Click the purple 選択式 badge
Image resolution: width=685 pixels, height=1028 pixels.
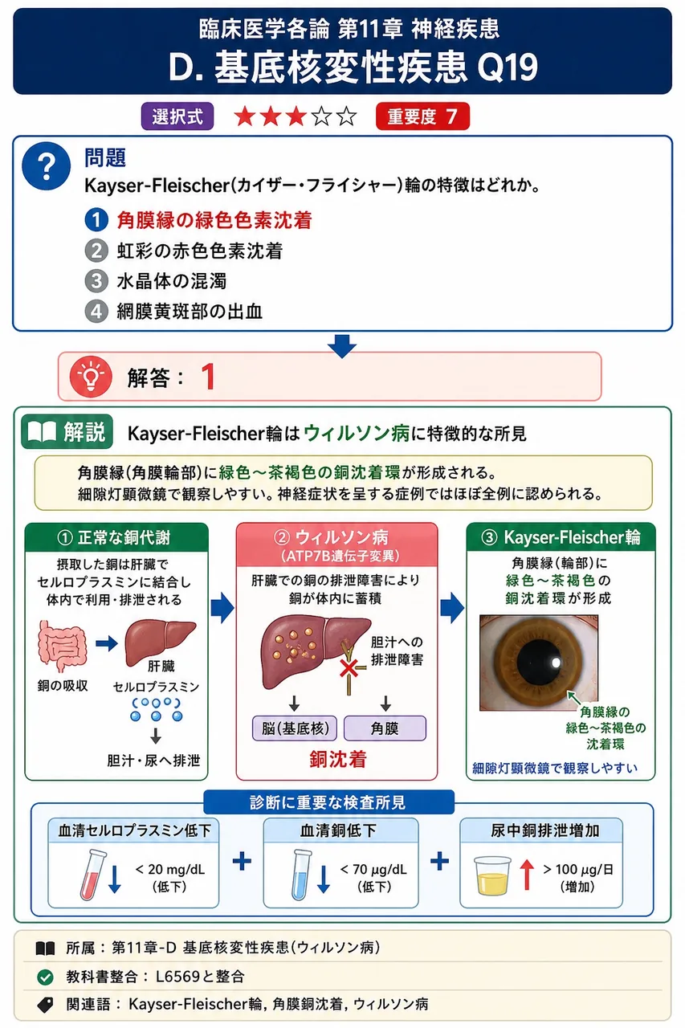(177, 116)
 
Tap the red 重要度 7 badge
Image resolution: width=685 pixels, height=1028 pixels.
(422, 116)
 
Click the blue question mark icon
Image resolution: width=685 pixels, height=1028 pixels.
(47, 165)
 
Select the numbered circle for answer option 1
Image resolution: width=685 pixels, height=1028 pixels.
(96, 220)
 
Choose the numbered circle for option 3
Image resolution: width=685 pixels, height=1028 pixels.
(96, 281)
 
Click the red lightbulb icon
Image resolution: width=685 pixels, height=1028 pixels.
(91, 377)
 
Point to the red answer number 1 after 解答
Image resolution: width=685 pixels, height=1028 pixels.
(208, 377)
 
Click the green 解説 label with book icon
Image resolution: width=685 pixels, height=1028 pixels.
(67, 431)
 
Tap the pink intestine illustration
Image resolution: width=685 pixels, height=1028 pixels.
(63, 647)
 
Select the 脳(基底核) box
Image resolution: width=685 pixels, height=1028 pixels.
(295, 728)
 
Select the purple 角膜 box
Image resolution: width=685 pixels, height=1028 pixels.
(385, 728)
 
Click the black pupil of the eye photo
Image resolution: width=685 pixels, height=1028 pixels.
(539, 662)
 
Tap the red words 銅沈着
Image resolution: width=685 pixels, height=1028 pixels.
(338, 759)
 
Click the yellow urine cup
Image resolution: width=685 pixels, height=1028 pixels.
(492, 875)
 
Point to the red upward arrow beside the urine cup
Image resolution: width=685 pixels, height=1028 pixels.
(527, 875)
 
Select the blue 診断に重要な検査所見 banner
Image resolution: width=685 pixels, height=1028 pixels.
(328, 802)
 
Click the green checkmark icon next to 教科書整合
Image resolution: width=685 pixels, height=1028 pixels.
(45, 977)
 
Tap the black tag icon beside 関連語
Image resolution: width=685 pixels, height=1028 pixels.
(45, 1005)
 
